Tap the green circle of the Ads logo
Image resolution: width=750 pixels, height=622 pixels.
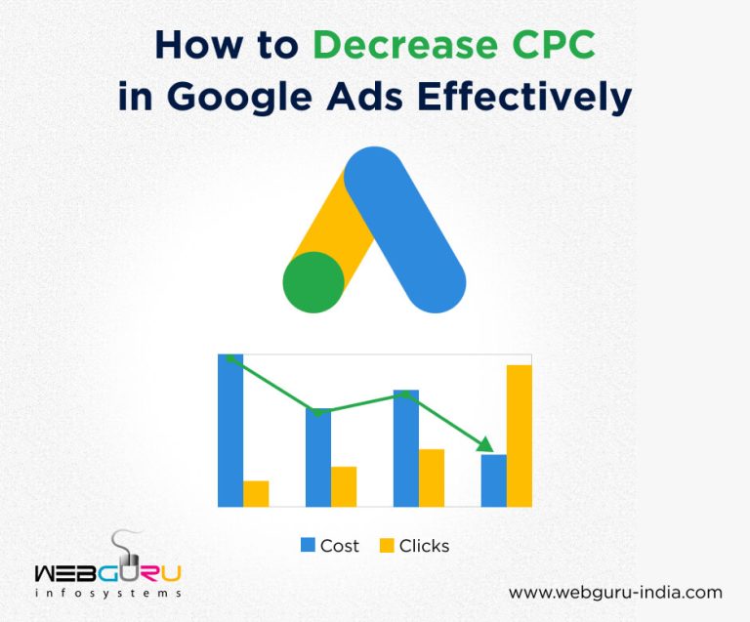(313, 282)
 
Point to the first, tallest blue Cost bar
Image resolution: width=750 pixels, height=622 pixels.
(230, 431)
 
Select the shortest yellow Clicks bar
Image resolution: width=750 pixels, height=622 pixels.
(256, 493)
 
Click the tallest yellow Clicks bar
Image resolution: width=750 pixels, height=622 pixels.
(520, 435)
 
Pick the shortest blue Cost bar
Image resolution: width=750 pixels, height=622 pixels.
(494, 480)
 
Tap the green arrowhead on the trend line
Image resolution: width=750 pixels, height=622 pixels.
(484, 444)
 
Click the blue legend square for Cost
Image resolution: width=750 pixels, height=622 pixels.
(308, 546)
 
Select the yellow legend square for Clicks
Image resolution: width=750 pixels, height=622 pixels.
(387, 546)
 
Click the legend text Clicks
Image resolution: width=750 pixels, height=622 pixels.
(424, 546)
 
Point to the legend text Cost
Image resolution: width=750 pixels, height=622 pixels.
(340, 546)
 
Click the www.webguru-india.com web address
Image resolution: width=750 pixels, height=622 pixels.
(615, 592)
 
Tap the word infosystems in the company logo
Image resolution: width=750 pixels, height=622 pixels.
(107, 593)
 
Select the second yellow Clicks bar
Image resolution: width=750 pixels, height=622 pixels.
(344, 486)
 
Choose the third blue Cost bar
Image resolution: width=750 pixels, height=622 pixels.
(406, 448)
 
